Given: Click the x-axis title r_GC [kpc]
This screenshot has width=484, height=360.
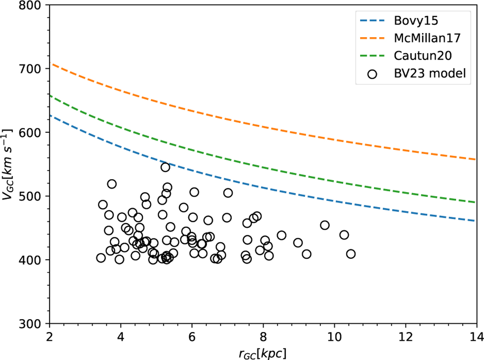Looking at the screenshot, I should pos(263,352).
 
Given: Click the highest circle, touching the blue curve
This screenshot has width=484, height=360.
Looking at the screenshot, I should pos(165,167).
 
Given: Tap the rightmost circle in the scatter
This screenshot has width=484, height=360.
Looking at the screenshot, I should pos(351,254).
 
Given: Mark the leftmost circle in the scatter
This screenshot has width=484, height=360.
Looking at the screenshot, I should pos(101,258).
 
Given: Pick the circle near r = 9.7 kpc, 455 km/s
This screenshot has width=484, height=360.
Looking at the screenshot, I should pos(325,225).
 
